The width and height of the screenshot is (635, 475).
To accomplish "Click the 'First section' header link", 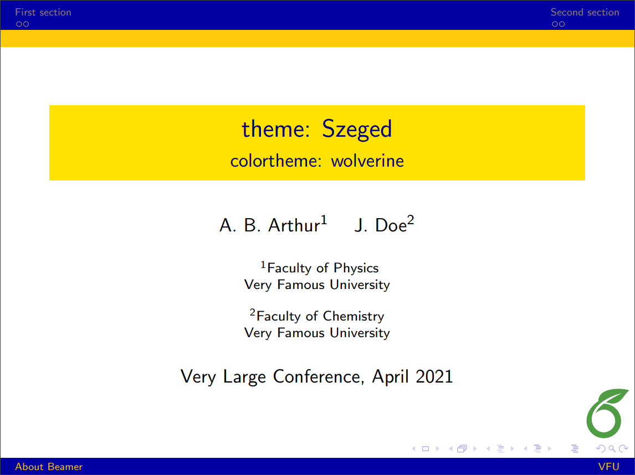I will tap(43, 12).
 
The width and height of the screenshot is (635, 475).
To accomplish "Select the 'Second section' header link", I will tap(585, 12).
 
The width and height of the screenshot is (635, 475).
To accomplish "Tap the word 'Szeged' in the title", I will tap(357, 129).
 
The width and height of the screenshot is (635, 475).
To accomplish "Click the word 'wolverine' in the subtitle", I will tap(367, 161).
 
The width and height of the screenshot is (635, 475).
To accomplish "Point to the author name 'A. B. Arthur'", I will tap(269, 225).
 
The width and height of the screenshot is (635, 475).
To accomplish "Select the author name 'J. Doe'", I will tap(380, 225).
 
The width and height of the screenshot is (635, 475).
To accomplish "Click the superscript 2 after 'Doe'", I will tap(411, 220).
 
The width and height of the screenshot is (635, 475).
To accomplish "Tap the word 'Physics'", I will tap(356, 268).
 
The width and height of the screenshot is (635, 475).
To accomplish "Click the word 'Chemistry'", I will tap(353, 316).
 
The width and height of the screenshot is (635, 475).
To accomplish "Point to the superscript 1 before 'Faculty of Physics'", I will tap(264, 265).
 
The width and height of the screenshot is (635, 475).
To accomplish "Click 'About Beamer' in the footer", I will tap(49, 467).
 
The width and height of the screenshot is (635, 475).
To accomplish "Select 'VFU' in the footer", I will tap(608, 467).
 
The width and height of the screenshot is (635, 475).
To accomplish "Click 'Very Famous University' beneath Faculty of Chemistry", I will tap(317, 333).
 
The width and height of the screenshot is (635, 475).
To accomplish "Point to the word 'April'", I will tap(391, 377).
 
